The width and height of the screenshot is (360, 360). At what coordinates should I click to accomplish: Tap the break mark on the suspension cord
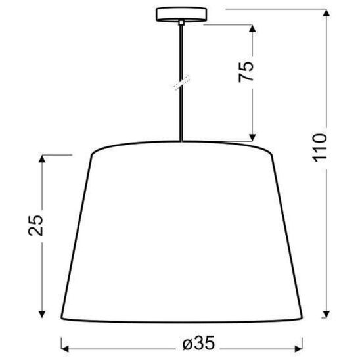179,83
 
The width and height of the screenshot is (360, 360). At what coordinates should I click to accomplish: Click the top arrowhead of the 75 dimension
252,28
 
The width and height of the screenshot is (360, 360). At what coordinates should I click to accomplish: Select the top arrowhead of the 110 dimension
326,11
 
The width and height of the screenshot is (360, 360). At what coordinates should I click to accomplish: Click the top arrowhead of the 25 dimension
43,158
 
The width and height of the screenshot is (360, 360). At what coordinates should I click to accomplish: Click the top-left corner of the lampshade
90,154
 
